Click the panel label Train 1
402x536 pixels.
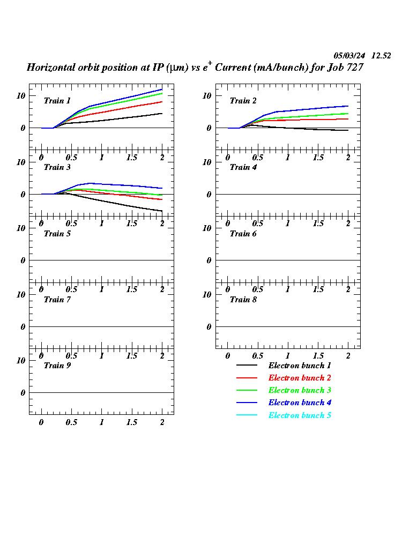click(x=57, y=101)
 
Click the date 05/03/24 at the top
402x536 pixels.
click(x=349, y=56)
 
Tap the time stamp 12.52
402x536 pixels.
click(x=381, y=56)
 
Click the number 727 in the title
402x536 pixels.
click(x=355, y=68)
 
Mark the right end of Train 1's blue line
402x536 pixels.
click(x=162, y=90)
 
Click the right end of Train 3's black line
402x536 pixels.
click(x=162, y=211)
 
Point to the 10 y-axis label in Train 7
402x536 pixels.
click(x=21, y=294)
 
